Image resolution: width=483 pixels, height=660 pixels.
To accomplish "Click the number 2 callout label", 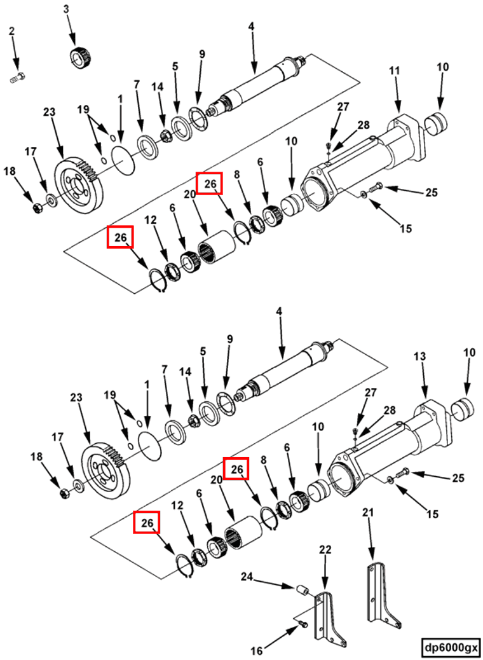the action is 12,31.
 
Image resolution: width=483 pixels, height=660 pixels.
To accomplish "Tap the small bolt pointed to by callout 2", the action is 18,78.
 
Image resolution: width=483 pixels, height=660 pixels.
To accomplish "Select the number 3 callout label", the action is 67,10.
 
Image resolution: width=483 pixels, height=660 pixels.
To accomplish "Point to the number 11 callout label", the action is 394,71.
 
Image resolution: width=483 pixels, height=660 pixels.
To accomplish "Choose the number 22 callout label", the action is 325,550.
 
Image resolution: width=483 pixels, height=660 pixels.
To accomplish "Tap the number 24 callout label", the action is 248,575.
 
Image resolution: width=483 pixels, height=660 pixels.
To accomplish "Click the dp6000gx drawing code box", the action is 451,646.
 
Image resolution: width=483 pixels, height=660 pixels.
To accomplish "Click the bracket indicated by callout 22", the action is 330,619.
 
